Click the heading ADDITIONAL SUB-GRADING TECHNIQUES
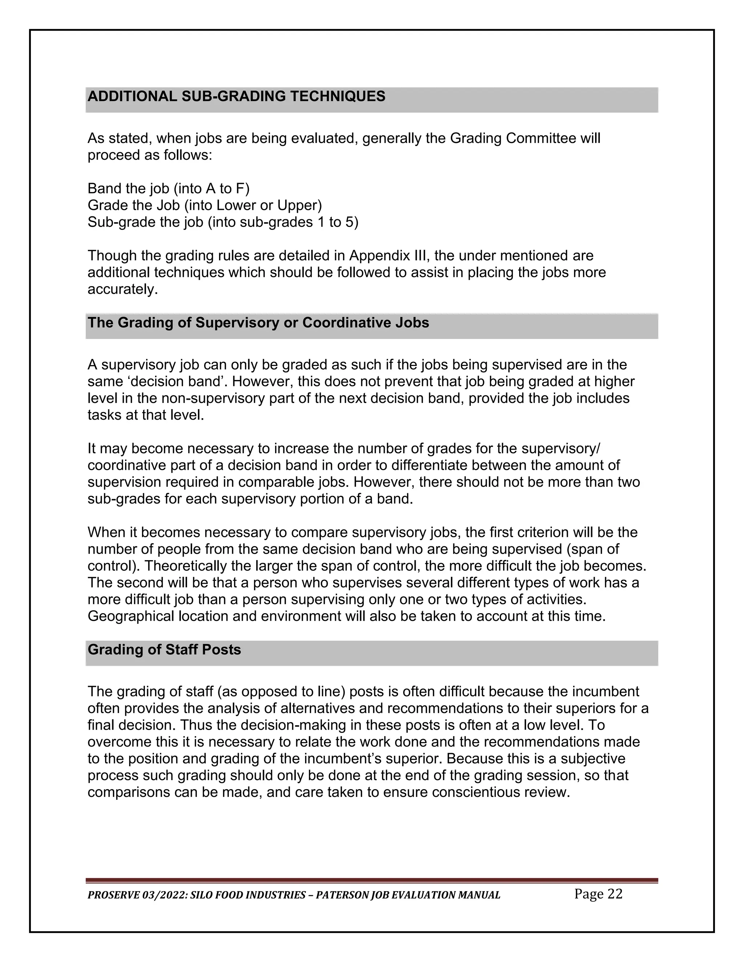click(x=236, y=97)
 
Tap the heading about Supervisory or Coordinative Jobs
click(x=258, y=323)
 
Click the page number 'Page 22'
click(x=598, y=894)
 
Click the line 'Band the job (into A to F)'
click(x=168, y=188)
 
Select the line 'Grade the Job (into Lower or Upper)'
click(x=205, y=205)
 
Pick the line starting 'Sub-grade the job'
click(x=223, y=222)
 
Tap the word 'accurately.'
click(x=122, y=289)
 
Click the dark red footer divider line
click(x=372, y=881)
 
